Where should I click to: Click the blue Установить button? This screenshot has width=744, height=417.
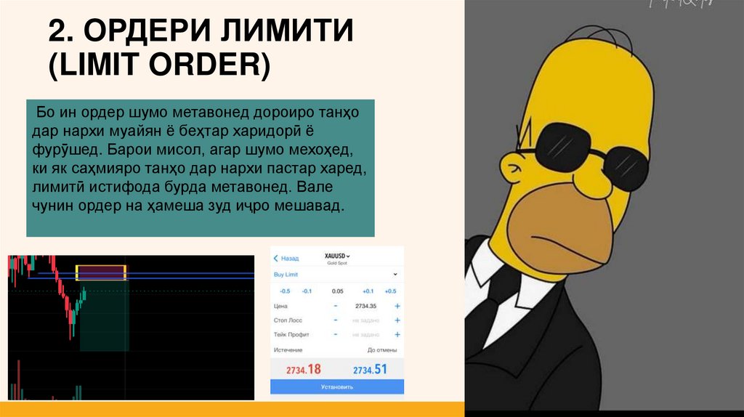(x=336, y=386)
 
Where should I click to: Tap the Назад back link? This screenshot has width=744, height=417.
(x=286, y=258)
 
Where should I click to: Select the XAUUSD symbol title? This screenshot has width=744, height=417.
(x=336, y=256)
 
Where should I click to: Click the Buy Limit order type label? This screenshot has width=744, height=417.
(x=286, y=275)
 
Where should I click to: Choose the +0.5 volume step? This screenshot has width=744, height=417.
(x=390, y=291)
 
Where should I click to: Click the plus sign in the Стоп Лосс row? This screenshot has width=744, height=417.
(x=397, y=320)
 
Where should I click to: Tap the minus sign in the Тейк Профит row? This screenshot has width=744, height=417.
(x=335, y=334)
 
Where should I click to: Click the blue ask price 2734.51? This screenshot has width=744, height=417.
(x=370, y=369)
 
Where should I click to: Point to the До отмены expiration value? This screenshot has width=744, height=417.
(x=381, y=349)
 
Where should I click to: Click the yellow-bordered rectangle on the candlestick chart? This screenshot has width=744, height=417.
(x=101, y=272)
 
